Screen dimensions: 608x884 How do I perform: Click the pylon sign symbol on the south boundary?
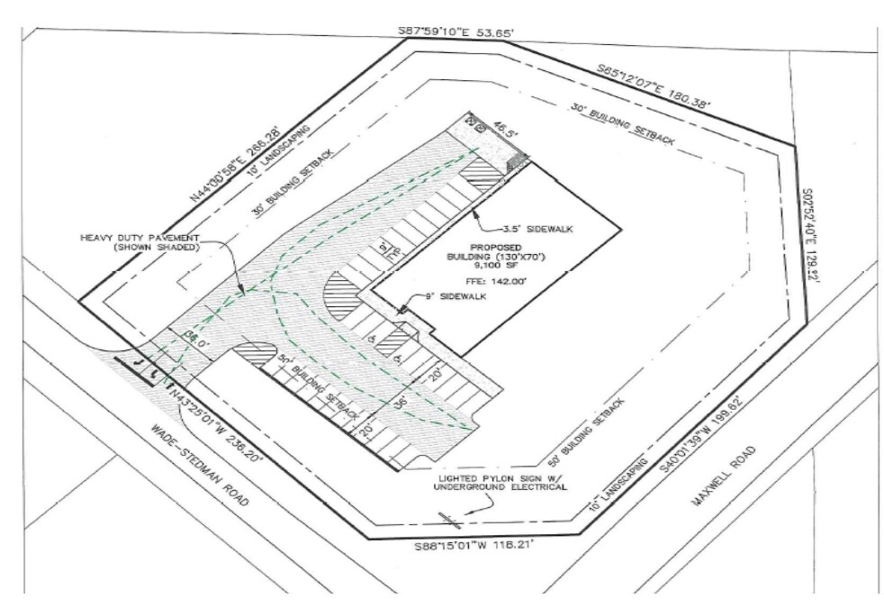coord(449,516)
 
